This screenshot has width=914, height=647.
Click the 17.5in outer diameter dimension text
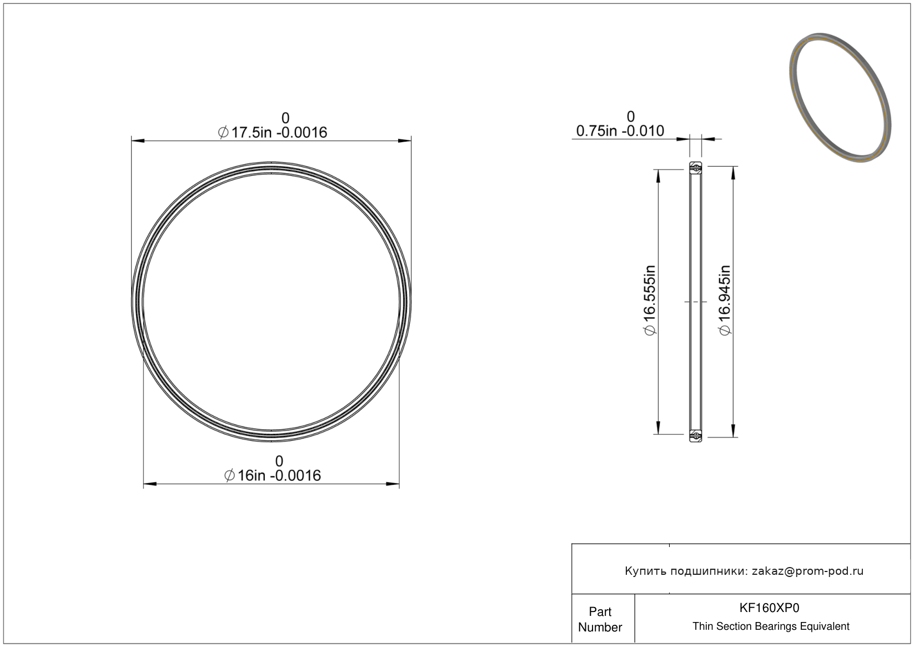273,132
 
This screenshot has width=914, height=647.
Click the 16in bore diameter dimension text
273,475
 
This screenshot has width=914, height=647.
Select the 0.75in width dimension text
620,131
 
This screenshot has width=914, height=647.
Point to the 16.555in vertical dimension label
649,300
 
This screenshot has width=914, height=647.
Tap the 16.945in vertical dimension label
725,300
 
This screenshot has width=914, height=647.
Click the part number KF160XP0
769,608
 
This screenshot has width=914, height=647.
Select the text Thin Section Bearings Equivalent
771,626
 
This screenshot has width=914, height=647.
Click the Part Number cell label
600,619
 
